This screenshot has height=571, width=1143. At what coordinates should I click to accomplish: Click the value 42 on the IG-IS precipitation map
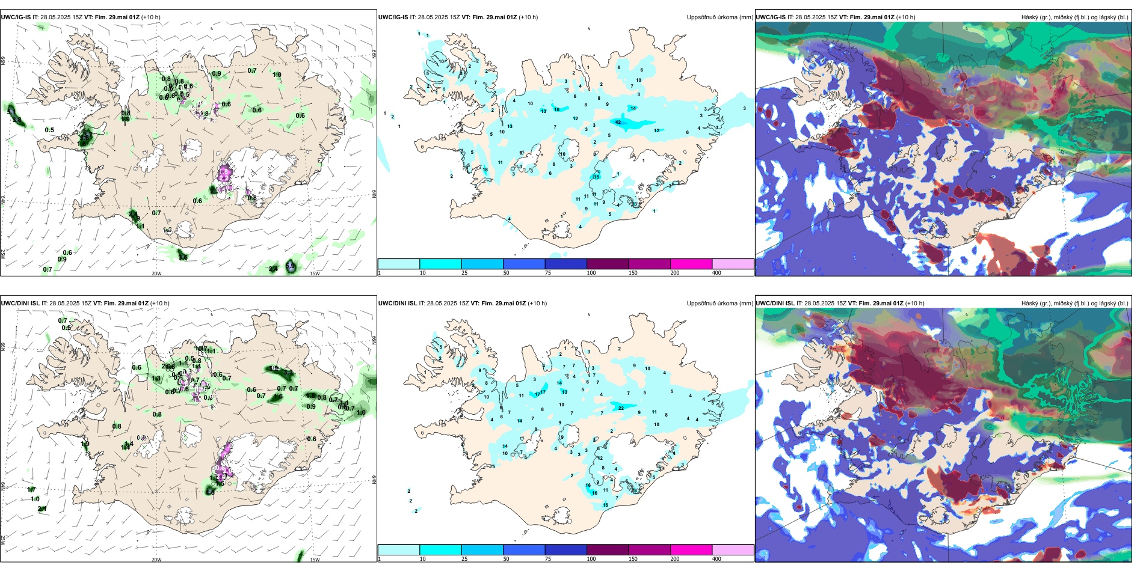[618, 122]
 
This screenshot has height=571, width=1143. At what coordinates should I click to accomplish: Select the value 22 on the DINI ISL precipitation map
[621, 408]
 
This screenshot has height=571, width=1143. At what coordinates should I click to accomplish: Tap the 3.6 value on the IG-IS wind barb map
[183, 257]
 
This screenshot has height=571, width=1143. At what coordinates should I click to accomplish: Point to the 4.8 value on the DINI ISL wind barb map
[210, 492]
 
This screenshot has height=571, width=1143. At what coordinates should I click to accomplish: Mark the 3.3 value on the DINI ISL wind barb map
[288, 373]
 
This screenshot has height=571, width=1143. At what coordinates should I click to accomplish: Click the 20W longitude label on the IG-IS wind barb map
[156, 273]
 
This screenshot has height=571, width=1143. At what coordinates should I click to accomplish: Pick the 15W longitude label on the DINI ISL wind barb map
[315, 560]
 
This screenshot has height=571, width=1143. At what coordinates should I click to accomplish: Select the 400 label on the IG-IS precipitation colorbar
[716, 273]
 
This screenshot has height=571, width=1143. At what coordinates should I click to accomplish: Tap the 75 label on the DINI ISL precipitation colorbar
[548, 559]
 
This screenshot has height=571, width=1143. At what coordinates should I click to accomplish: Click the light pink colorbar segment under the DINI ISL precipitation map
[733, 549]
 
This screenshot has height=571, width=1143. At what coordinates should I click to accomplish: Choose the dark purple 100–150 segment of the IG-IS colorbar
[608, 264]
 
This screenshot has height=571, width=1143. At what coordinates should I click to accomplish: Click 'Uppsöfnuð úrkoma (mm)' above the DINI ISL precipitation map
[719, 304]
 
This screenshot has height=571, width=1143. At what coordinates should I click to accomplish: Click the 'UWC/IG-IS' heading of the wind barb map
[16, 17]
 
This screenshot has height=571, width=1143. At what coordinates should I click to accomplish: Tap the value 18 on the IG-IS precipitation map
[485, 170]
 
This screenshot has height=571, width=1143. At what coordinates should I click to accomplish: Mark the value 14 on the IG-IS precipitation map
[633, 108]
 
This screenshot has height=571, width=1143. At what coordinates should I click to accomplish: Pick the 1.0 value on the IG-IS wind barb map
[277, 75]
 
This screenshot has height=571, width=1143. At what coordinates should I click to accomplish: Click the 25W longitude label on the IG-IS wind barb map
[3, 254]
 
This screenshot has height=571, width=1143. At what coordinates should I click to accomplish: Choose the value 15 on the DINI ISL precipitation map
[606, 505]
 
